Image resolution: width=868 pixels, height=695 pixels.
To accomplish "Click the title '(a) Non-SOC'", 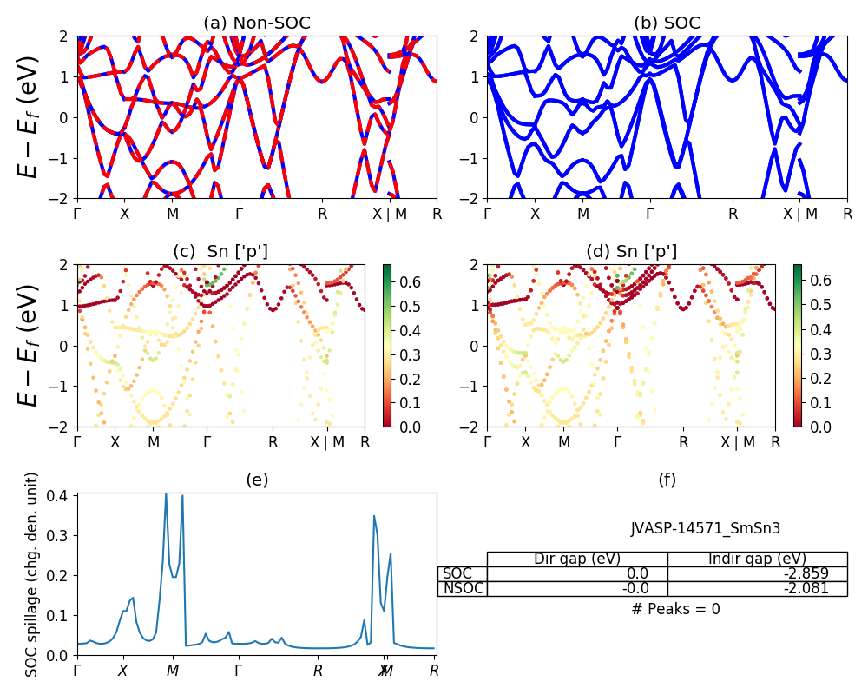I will [256, 23].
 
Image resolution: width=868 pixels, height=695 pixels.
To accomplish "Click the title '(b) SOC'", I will [667, 23].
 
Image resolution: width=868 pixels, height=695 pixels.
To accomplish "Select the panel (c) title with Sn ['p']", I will [220, 251].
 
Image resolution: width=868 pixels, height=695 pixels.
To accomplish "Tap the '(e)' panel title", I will [256, 480].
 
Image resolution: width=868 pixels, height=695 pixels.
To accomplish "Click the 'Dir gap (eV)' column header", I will [577, 559].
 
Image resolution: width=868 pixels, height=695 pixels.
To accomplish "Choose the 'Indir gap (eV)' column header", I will [757, 559].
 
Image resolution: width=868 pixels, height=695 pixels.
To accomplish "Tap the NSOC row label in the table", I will [463, 588].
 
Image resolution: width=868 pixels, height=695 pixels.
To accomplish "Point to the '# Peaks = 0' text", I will [675, 609].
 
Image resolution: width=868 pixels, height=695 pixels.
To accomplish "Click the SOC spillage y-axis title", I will [32, 574].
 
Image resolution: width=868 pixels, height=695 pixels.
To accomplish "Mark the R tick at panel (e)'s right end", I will [434, 671].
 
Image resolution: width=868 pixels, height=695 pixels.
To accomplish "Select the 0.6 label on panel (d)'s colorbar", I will [819, 281].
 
